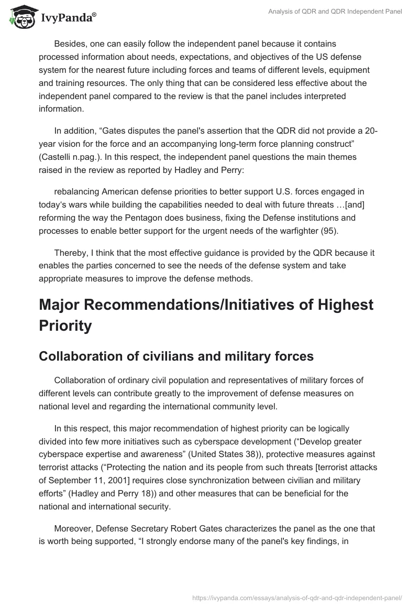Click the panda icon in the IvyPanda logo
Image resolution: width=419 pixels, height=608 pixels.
[20, 16]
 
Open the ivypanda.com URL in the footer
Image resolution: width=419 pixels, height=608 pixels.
[297, 597]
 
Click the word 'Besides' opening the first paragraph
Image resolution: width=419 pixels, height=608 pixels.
[70, 44]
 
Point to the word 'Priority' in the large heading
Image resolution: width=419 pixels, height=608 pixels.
[65, 326]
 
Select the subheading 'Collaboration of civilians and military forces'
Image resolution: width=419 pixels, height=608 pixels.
[176, 356]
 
